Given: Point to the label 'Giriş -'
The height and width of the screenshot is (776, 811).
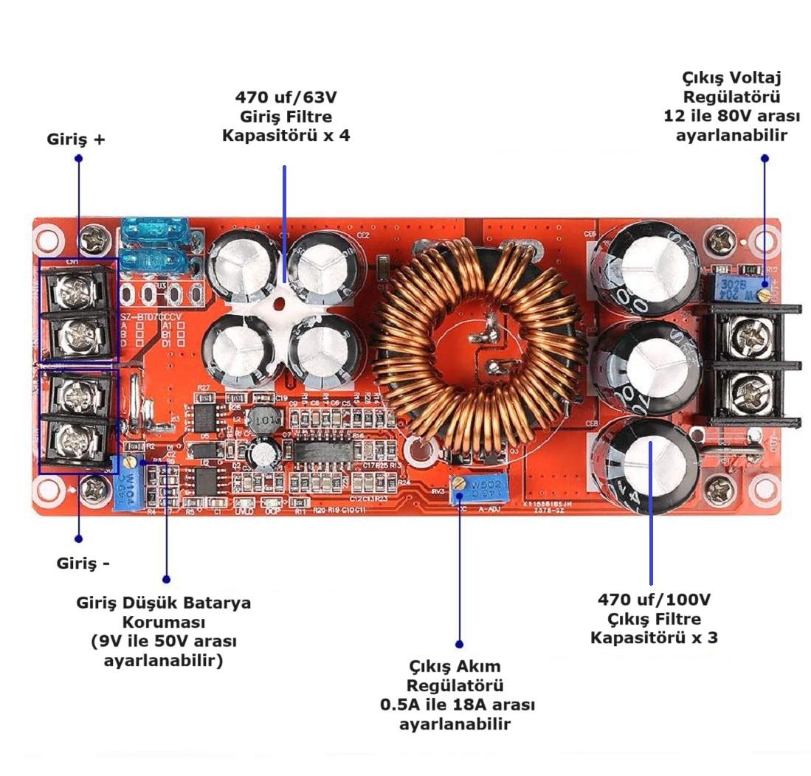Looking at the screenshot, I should (x=83, y=564).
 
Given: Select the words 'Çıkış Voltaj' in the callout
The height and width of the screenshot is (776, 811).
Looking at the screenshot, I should (x=731, y=78).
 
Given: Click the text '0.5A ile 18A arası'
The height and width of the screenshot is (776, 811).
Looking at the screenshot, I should (x=458, y=704).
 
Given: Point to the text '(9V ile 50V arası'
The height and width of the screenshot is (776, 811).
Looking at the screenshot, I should (x=163, y=641).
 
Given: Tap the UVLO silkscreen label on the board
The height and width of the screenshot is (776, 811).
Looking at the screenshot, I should (x=244, y=510).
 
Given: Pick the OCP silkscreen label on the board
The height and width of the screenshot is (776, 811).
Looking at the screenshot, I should (x=272, y=510).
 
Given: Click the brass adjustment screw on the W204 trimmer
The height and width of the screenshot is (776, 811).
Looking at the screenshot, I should (x=766, y=294).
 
